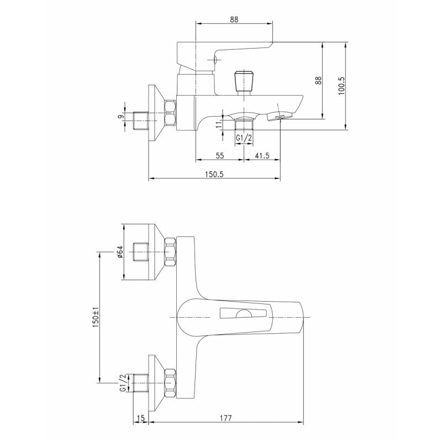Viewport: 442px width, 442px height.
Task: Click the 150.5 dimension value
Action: tap(214, 174)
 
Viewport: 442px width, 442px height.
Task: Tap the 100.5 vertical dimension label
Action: tap(341, 86)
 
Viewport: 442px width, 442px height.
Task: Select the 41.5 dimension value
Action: tap(262, 155)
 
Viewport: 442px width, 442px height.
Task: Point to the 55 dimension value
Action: tap(219, 155)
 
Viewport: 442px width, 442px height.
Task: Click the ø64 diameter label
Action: tap(119, 252)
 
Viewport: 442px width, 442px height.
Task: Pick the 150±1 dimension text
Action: tap(95, 317)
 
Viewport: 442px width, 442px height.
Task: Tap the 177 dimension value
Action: tap(226, 418)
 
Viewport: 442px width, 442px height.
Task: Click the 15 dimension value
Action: tap(141, 418)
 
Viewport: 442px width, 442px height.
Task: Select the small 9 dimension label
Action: tap(120, 117)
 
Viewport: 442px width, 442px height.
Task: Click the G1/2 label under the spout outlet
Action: tap(244, 138)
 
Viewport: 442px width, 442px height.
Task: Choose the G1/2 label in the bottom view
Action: tap(123, 383)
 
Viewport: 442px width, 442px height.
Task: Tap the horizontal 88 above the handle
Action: tap(234, 19)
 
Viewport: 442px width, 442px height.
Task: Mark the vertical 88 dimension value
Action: tap(318, 80)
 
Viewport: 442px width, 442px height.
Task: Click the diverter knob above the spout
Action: tap(244, 82)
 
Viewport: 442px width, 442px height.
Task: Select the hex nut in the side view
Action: tap(171, 113)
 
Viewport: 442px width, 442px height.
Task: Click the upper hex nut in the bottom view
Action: tap(171, 252)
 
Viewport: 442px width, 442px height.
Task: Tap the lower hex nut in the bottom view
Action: tap(171, 383)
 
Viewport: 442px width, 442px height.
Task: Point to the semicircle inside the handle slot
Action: tap(244, 314)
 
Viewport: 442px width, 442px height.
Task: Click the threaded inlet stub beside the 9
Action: tap(141, 121)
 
